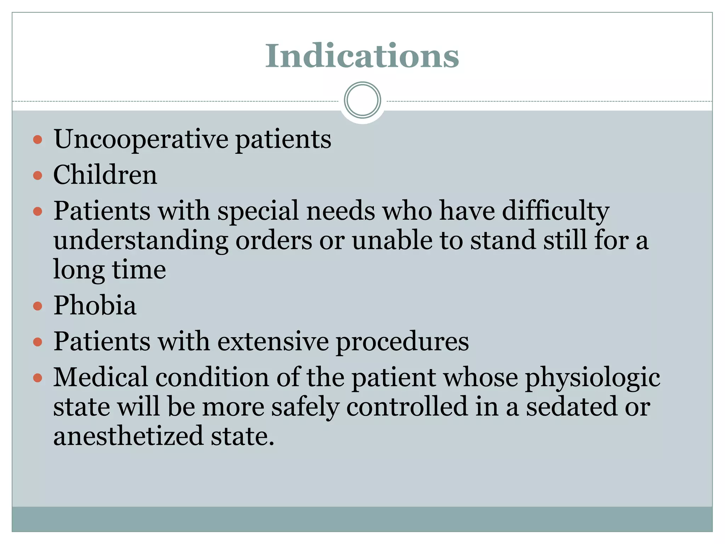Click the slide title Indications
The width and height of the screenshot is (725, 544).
pos(362,56)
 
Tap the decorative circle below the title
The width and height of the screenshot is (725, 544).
pos(362,100)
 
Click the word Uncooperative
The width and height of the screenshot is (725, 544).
pos(141,139)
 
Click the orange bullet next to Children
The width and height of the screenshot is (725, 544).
pos(38,175)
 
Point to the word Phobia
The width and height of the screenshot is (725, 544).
pos(95,305)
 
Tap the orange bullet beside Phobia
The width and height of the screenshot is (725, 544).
pos(38,306)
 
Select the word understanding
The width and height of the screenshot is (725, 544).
pos(141,241)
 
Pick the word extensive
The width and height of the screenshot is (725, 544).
pos(273,341)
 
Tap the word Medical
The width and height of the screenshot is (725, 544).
pos(100,377)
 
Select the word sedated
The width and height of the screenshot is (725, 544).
pos(571,407)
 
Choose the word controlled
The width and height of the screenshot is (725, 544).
pos(407,407)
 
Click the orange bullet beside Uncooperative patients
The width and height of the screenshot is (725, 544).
pos(38,139)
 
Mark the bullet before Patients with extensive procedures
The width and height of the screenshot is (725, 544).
pos(38,342)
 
